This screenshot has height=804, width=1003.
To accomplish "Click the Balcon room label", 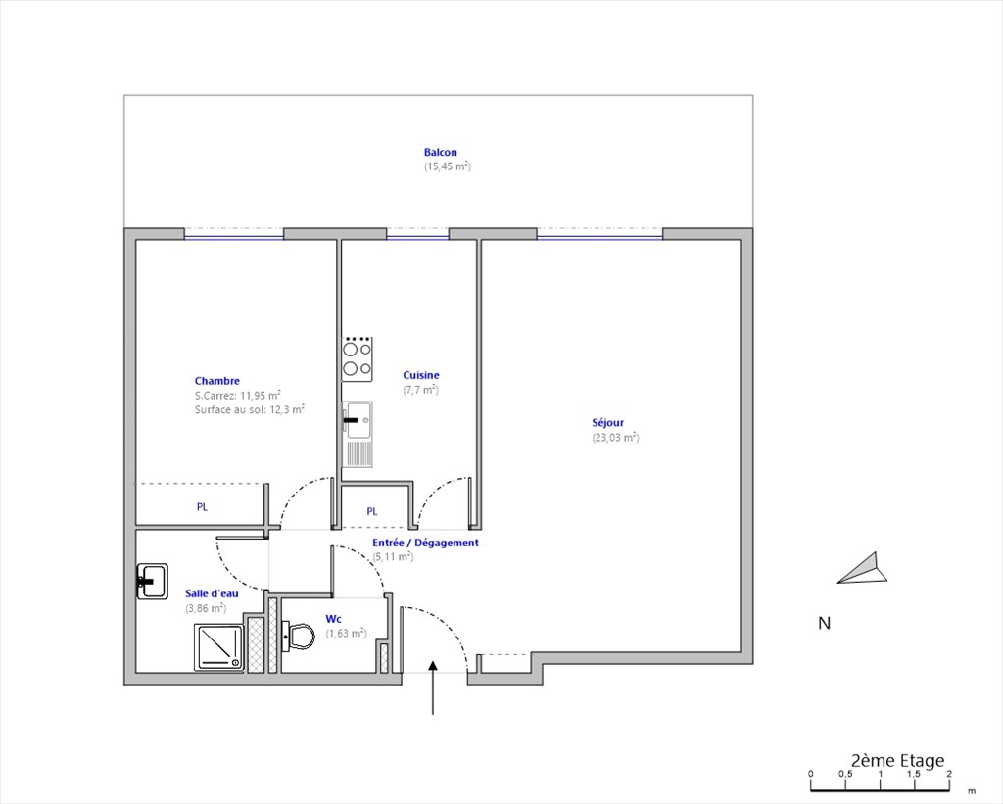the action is (x=440, y=152).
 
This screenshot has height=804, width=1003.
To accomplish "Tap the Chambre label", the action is (x=216, y=381).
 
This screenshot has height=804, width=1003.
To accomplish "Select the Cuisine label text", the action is (x=421, y=375).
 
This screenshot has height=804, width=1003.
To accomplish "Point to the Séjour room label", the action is (x=607, y=423).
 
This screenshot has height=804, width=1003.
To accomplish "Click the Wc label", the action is (x=333, y=619).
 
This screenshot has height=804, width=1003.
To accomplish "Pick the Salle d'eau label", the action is (x=212, y=593).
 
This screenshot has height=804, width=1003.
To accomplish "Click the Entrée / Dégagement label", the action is (x=425, y=544).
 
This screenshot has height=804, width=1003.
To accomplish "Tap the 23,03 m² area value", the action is (x=615, y=438).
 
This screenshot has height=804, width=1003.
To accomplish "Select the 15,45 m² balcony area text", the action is (x=447, y=166).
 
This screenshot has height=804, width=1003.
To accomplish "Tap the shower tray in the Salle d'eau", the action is (x=218, y=648).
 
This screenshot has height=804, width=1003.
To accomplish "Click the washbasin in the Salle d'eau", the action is (x=152, y=582).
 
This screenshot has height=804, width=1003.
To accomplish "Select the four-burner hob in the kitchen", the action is (x=357, y=359).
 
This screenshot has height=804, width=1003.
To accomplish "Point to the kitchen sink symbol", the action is (x=357, y=434).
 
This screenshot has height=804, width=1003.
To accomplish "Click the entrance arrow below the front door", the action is (x=433, y=687).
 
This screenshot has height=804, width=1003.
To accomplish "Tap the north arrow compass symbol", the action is (x=862, y=568).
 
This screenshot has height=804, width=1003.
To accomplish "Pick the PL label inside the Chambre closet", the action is (x=202, y=507).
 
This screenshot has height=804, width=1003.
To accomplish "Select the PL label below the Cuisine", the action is (x=372, y=512).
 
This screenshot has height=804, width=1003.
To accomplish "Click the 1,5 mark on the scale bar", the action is (x=914, y=774).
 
